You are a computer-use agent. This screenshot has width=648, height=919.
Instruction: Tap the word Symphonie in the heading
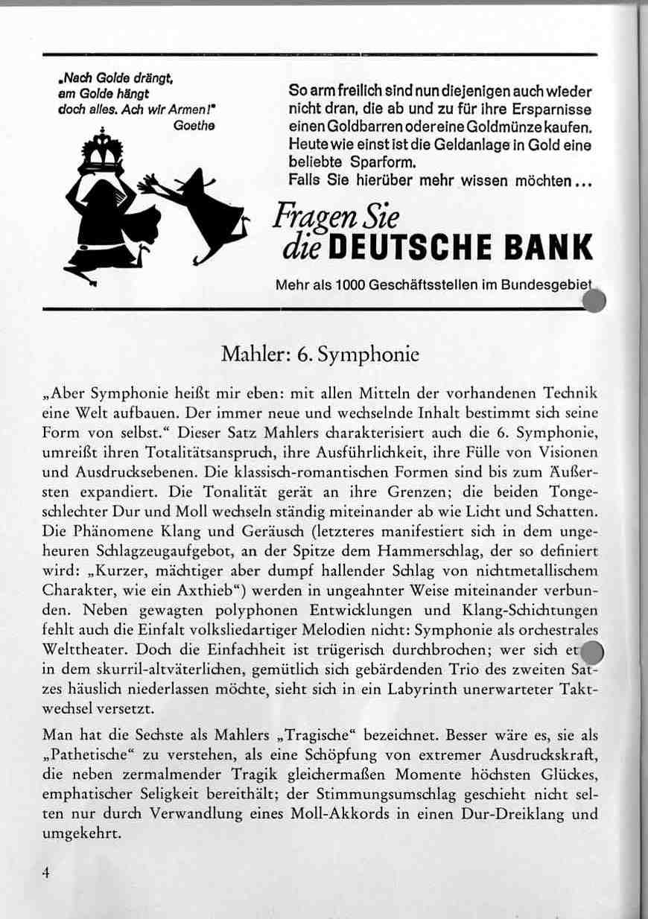click(368, 355)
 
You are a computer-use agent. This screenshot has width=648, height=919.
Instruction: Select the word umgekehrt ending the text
click(81, 833)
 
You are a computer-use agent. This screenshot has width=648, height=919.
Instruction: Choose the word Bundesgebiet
click(547, 286)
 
